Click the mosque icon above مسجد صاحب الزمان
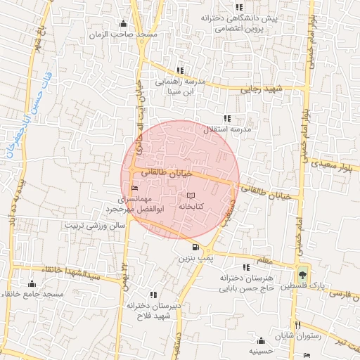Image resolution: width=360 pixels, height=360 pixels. click(x=124, y=22)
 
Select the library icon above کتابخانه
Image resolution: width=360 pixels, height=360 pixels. click(x=191, y=195)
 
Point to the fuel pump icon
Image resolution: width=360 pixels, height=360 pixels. click(x=195, y=247)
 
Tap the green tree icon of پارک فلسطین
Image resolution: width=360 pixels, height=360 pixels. click(x=302, y=274)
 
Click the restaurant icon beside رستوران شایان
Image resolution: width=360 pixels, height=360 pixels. click(x=298, y=326)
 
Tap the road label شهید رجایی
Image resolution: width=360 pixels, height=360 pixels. click(x=260, y=89)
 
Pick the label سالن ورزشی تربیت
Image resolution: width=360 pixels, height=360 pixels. click(x=94, y=226)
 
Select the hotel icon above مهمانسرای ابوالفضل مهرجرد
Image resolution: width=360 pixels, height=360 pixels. click(x=134, y=188)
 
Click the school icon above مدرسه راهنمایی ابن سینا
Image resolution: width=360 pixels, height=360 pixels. click(x=181, y=70)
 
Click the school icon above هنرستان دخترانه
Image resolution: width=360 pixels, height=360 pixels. click(x=245, y=267)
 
